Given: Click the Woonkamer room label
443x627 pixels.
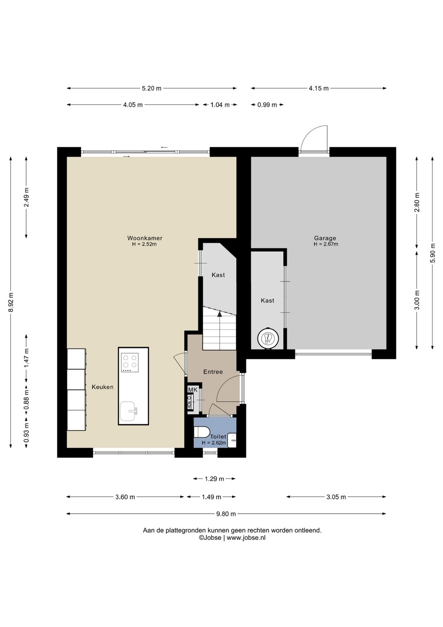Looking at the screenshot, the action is click(x=144, y=238).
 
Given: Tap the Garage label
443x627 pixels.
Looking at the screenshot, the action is click(x=325, y=238).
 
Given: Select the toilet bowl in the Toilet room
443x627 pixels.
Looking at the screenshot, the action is click(x=201, y=431).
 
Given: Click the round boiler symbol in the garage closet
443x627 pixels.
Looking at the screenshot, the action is click(x=268, y=339).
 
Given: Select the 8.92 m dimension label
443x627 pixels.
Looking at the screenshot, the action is click(x=10, y=302).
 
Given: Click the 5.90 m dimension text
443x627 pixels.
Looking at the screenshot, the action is click(x=433, y=253).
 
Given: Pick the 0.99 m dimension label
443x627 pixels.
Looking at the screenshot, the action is click(x=267, y=105).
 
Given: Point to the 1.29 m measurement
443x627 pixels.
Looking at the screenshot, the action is click(x=214, y=479).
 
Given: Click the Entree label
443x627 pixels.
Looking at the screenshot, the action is click(x=213, y=372).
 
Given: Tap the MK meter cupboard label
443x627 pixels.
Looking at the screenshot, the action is click(x=193, y=390).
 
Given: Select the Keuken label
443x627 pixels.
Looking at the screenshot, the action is click(x=103, y=387).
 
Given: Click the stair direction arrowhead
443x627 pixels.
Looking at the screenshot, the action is click(x=220, y=314).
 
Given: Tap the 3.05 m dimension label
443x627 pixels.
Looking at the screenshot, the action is click(x=336, y=497).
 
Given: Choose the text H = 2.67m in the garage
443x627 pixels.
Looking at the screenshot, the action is click(x=326, y=244).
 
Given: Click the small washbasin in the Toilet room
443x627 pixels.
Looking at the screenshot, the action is click(x=232, y=441).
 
